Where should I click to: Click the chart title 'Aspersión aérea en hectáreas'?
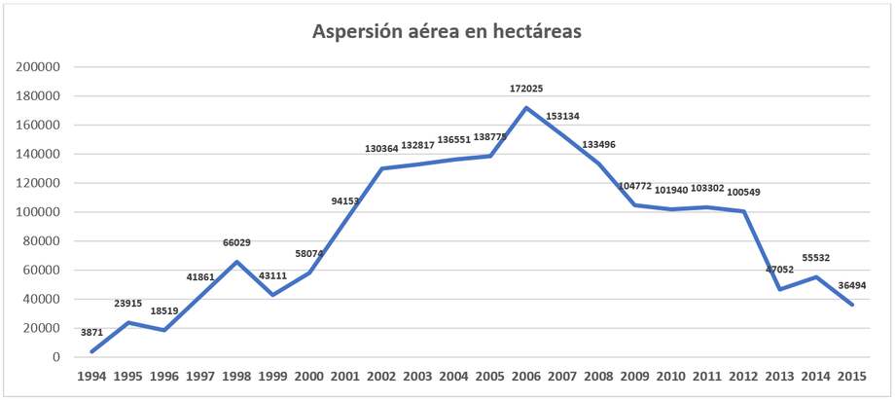tap(447, 32)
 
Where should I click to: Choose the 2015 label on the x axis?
tap(851, 377)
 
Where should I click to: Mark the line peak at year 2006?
tap(525, 107)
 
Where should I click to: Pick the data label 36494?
tap(851, 285)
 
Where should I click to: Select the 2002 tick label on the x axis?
tap(380, 377)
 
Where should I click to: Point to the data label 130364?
tap(380, 148)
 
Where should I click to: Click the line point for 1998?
tap(236, 262)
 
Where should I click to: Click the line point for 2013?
tap(779, 289)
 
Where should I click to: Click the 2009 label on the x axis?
tap(634, 377)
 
